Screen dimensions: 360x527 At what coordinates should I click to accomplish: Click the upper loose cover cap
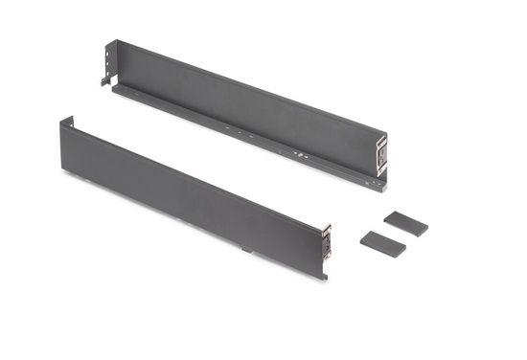[x=405, y=224]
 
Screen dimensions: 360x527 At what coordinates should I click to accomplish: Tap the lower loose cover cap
[x=382, y=243]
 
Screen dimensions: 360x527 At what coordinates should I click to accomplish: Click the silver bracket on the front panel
[x=328, y=242]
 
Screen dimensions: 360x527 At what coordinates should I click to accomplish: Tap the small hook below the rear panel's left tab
[x=104, y=81]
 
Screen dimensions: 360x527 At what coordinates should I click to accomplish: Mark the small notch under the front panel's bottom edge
[x=247, y=253]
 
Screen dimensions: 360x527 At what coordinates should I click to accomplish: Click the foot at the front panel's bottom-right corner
[x=323, y=276]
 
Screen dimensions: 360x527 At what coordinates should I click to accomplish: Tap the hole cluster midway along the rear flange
[x=230, y=127]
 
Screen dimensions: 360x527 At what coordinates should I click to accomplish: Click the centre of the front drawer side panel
[x=192, y=196]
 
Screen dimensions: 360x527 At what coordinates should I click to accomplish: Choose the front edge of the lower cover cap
[x=381, y=251]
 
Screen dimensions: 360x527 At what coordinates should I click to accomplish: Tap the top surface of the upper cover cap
[x=406, y=221]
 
